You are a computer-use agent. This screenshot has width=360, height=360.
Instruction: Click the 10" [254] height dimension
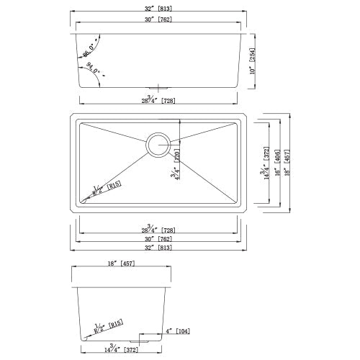pos(253,60)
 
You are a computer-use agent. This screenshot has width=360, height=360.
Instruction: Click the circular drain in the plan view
pos(158,143)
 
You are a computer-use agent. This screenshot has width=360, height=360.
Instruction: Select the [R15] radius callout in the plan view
pos(105,189)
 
